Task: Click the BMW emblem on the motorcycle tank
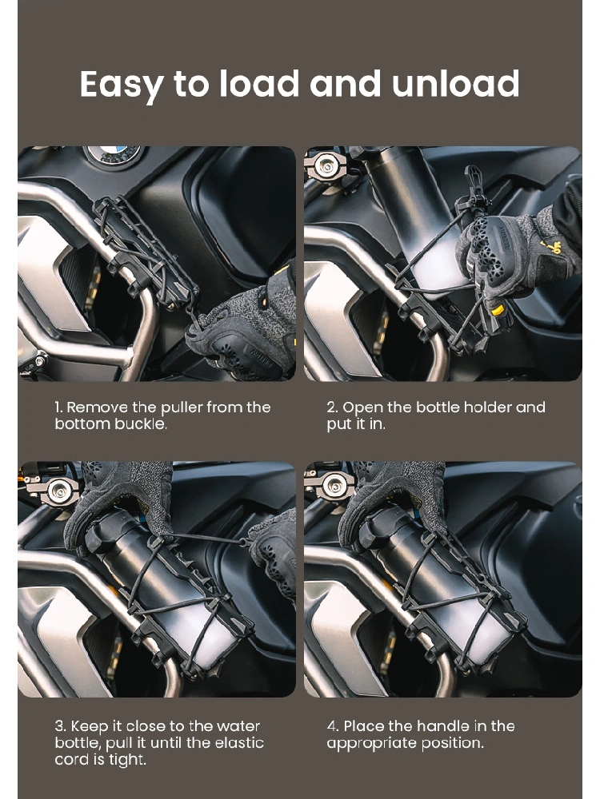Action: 113,153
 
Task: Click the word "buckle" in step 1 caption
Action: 142,424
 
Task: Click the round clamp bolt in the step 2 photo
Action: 326,165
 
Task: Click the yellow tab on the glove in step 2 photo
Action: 497,310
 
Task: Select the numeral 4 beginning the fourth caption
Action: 331,726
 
